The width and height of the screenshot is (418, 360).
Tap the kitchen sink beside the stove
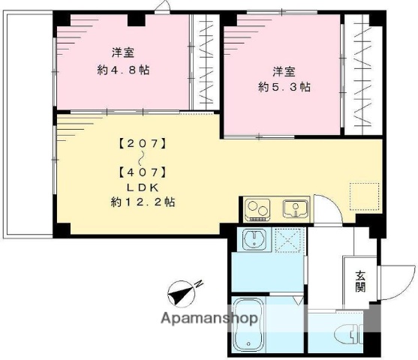point(293,208)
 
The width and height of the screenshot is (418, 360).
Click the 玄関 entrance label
point(360,282)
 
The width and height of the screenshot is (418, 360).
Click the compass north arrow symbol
point(185,293)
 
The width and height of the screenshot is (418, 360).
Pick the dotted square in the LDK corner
point(362,194)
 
